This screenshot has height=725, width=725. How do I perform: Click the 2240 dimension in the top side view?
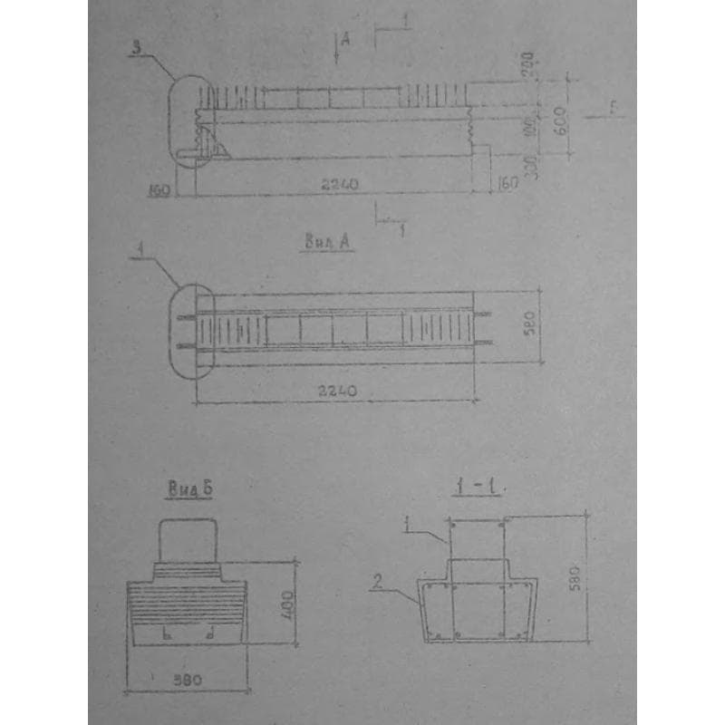coord(340,184)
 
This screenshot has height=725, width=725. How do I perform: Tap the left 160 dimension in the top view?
coord(160,189)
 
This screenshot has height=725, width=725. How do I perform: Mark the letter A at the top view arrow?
coord(345,39)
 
